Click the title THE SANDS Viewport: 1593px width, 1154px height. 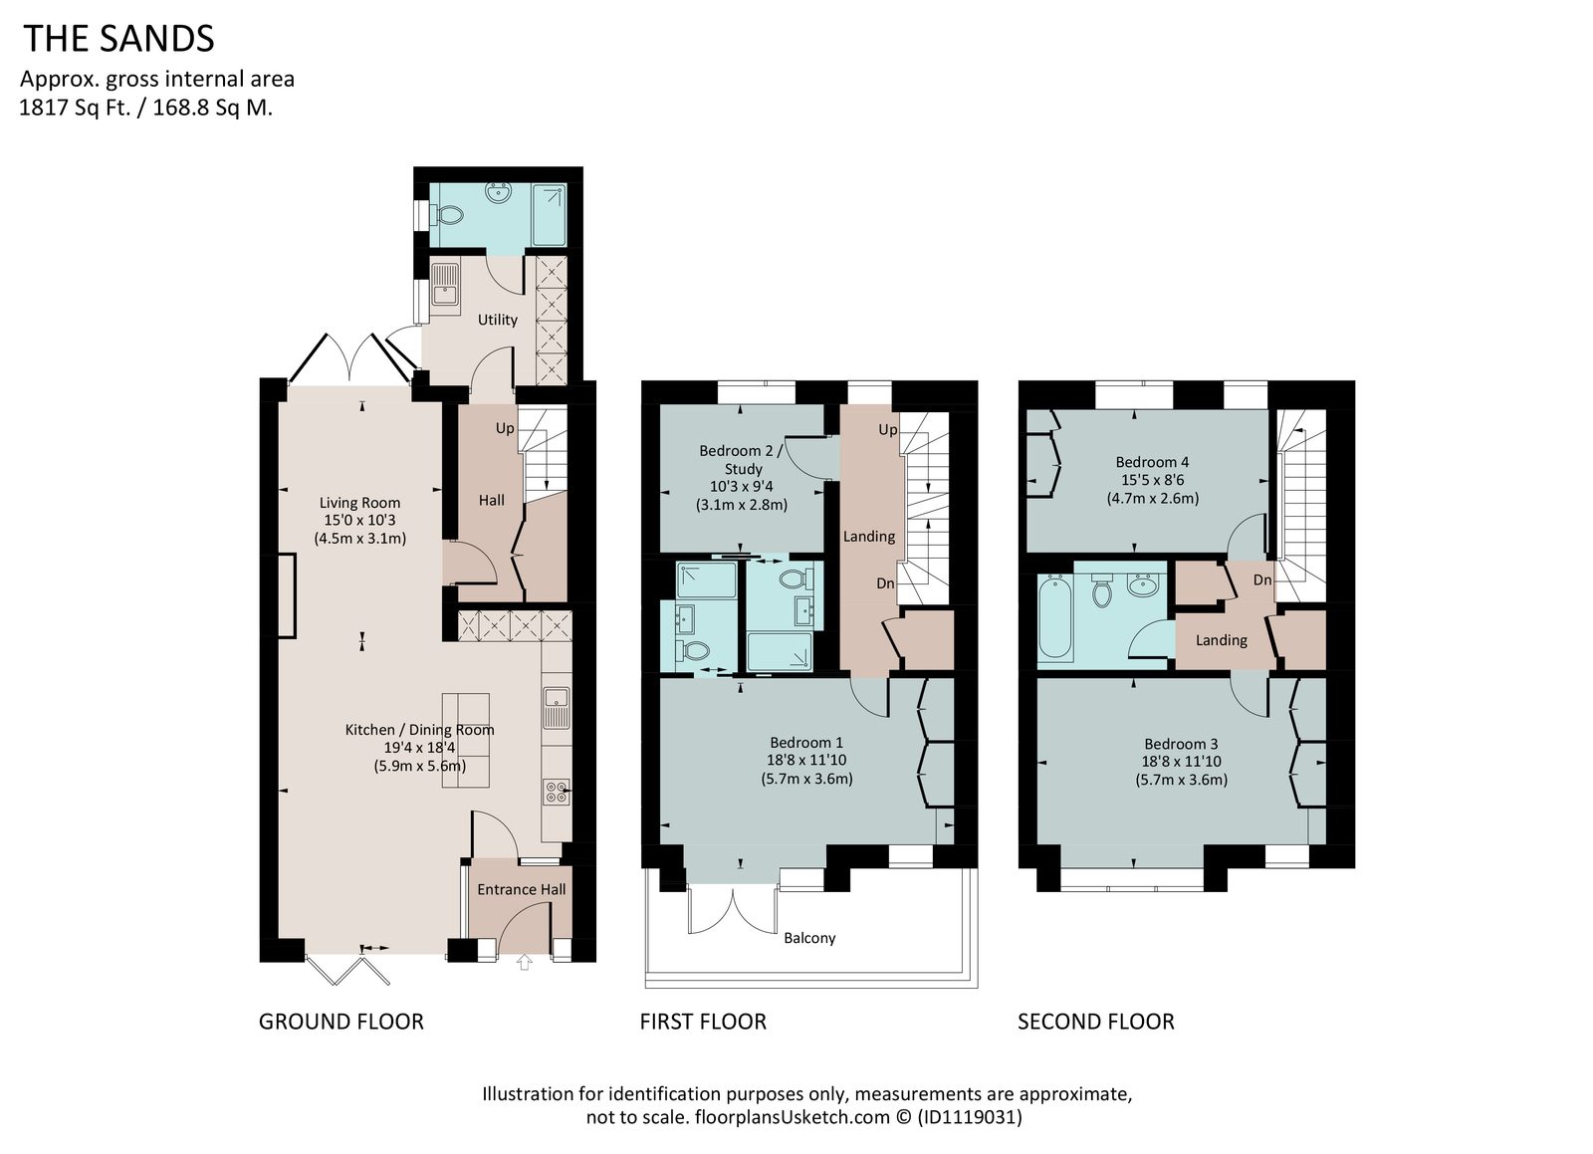118,39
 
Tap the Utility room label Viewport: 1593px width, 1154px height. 497,320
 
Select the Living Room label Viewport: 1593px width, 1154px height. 359,503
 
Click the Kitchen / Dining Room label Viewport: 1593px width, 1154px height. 419,730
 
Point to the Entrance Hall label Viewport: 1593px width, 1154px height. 522,889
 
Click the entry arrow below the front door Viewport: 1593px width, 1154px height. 524,962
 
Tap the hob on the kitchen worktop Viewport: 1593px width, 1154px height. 557,793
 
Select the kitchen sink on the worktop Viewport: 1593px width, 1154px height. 557,708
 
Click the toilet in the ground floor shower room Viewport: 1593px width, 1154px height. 447,214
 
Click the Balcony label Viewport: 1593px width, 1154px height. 809,938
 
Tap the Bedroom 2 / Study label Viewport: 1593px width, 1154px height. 741,459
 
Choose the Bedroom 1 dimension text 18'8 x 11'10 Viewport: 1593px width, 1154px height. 805,760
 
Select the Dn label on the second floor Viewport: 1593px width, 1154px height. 1262,579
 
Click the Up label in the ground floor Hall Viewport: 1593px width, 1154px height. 505,428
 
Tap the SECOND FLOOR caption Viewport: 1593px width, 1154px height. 1096,1022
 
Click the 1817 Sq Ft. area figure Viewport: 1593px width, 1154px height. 76,108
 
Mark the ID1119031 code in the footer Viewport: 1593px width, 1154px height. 970,1117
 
